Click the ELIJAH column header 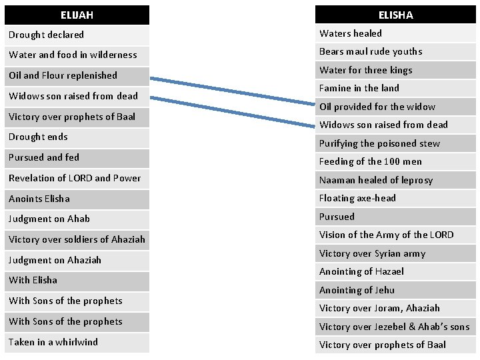[77, 15]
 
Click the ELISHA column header [395, 15]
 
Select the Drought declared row [77, 35]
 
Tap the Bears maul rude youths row [395, 51]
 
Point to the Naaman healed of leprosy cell [395, 180]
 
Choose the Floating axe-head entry [395, 198]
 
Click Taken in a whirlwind [77, 342]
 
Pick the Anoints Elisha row [77, 199]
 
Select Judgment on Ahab [77, 219]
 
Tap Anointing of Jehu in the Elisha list [395, 290]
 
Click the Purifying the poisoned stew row [395, 143]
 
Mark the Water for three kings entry [395, 70]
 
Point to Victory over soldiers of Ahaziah [77, 239]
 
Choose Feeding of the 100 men [395, 161]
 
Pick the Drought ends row [77, 137]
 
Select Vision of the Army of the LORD [395, 235]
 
